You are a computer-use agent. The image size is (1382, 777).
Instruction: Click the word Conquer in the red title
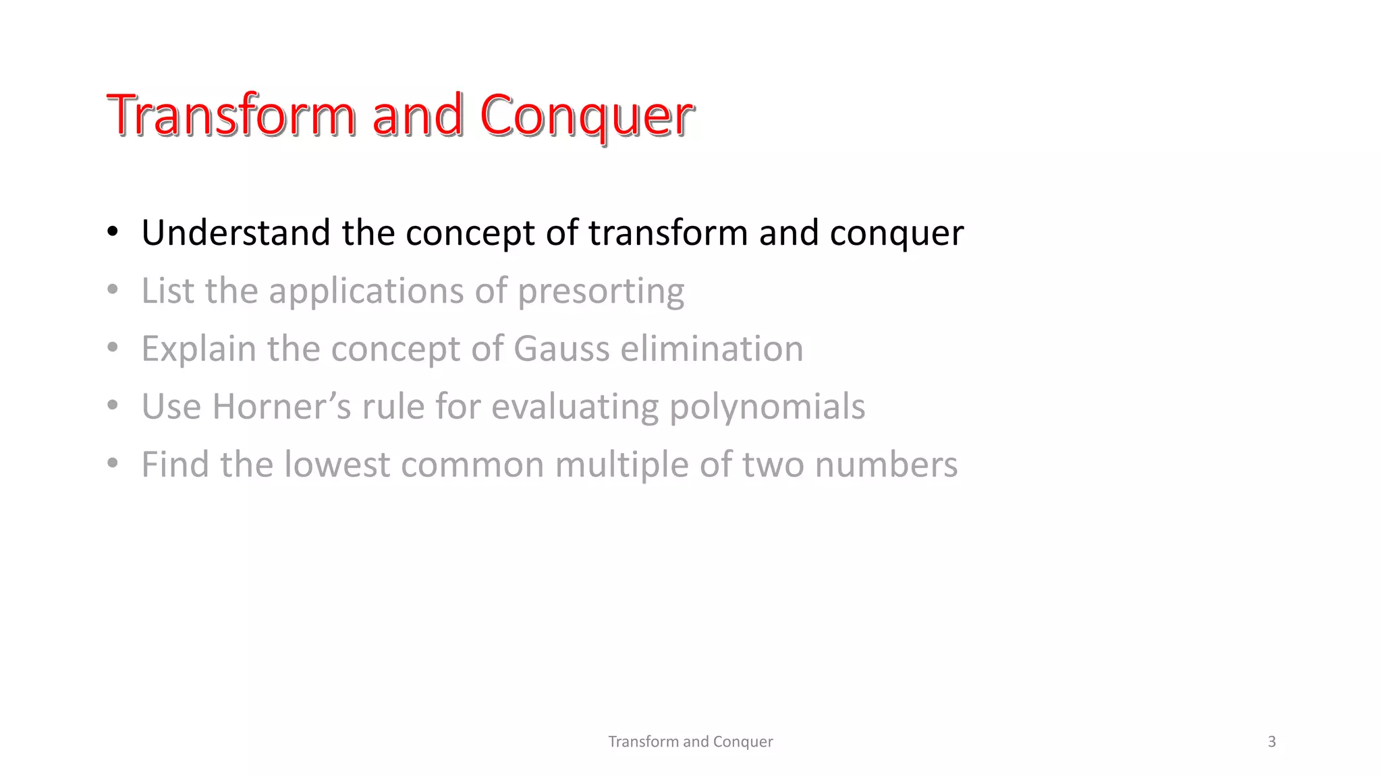[586, 115]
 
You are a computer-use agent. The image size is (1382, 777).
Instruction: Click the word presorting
[601, 292]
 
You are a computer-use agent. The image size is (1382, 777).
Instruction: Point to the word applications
[366, 292]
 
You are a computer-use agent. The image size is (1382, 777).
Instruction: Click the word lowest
[337, 465]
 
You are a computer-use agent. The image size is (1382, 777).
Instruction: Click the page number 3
[1271, 741]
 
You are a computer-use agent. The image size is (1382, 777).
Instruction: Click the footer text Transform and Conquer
[690, 741]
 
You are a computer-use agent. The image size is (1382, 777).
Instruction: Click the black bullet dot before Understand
[113, 232]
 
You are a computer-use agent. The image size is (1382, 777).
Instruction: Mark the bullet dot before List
[113, 290]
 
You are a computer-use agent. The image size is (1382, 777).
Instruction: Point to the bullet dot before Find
[113, 464]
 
